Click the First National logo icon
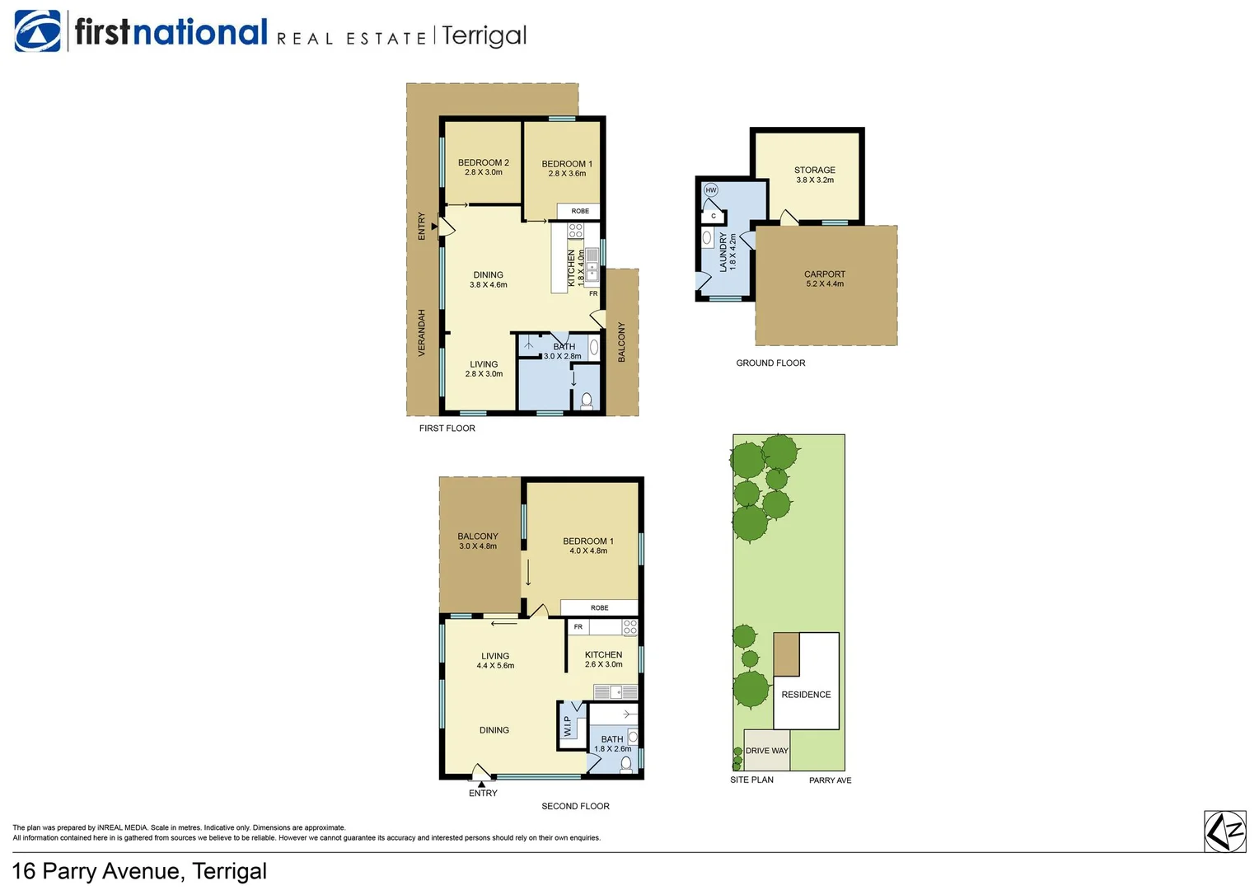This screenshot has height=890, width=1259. [37, 32]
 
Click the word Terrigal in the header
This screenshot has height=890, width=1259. [484, 35]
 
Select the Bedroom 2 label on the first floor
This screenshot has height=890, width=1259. [483, 167]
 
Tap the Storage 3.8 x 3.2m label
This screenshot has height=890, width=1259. [814, 175]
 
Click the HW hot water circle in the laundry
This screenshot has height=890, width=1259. [711, 190]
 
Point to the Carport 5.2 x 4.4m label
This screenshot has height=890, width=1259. [824, 279]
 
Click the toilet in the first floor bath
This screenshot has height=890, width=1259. [587, 401]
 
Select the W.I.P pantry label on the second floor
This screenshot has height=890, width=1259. [568, 726]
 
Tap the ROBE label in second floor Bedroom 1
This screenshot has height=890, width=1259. [599, 608]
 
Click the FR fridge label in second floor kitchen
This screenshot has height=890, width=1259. [578, 627]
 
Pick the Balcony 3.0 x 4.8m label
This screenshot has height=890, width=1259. [478, 541]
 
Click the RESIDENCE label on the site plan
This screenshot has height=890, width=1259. [806, 695]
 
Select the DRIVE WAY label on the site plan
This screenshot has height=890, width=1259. [766, 751]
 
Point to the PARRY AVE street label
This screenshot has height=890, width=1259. [830, 780]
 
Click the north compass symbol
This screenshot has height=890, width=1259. [1224, 831]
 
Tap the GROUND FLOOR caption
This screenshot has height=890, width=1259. [770, 363]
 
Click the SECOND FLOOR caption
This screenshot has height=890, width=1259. [575, 806]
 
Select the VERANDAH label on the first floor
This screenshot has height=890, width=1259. [422, 333]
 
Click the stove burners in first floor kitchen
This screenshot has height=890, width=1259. [575, 231]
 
